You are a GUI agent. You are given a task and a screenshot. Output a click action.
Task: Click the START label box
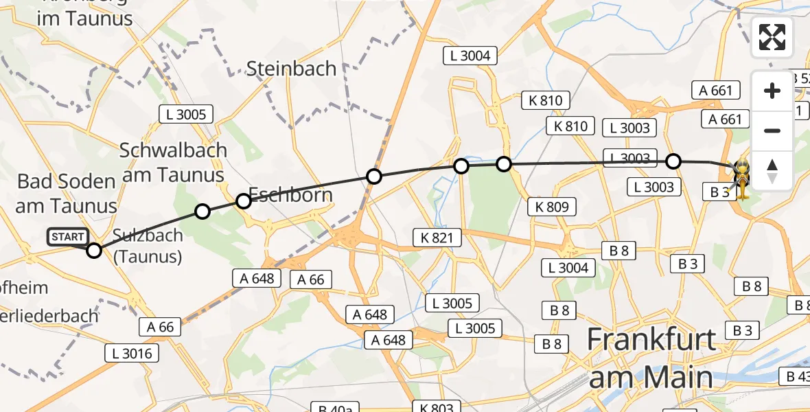tap(68, 238)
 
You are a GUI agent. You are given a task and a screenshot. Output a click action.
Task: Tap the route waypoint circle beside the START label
tap(94, 251)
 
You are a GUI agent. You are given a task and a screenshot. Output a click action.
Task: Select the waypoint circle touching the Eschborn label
tap(244, 201)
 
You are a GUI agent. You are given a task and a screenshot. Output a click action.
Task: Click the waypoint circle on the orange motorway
tap(374, 176)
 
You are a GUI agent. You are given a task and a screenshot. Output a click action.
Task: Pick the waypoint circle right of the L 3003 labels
tap(673, 161)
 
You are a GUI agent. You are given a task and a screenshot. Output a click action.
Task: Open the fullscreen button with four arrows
tap(772, 37)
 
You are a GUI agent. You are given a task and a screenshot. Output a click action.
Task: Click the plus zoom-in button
tap(772, 91)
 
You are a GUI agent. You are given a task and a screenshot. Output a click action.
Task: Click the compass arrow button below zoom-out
tap(772, 170)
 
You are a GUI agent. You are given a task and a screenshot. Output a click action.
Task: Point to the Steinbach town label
tap(292, 69)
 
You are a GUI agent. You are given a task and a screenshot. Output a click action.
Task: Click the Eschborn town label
tap(290, 195)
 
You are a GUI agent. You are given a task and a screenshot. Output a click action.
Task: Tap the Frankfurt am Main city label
tap(651, 358)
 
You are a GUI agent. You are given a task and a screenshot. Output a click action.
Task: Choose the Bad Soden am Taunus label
tap(67, 193)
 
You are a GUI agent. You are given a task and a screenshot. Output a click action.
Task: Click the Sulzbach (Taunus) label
tap(148, 246)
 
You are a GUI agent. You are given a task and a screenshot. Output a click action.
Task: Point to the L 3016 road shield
tap(132, 354)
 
